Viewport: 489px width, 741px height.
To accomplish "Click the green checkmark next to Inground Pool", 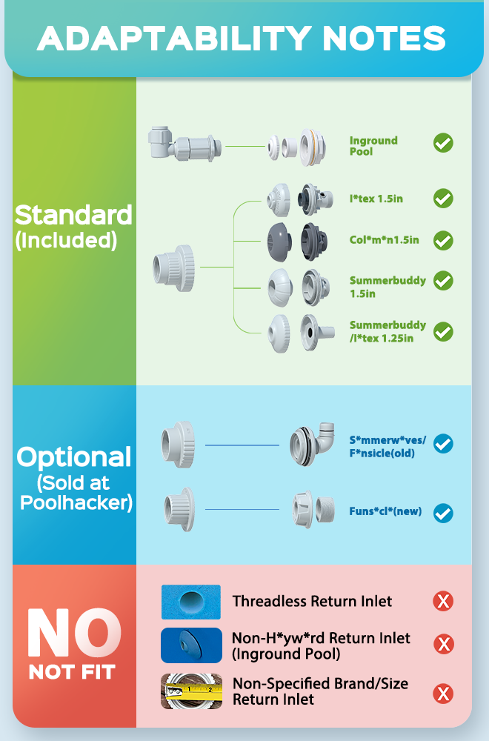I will click(x=443, y=142).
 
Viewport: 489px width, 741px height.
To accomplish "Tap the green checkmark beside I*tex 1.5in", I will click(x=443, y=199).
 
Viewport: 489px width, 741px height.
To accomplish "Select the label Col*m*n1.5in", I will click(x=384, y=240).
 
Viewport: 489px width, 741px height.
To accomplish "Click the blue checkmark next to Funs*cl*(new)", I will click(x=443, y=513).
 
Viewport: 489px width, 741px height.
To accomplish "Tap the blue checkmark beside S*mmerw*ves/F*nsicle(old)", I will click(x=443, y=444).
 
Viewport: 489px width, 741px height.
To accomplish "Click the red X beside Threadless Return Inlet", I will click(x=443, y=601).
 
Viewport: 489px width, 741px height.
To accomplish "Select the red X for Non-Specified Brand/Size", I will click(x=443, y=694).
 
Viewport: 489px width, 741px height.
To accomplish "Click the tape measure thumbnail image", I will click(x=191, y=691).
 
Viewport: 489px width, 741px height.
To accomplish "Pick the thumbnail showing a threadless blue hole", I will click(x=191, y=602).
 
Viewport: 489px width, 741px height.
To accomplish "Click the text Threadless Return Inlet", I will click(x=312, y=601).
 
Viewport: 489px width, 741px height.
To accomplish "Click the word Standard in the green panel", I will click(x=73, y=215).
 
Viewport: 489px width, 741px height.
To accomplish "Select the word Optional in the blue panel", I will click(x=74, y=457).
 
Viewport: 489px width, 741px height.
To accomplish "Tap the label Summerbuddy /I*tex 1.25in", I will click(x=387, y=331).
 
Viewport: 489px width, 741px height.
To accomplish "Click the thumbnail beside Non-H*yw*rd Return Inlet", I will click(x=191, y=645).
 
